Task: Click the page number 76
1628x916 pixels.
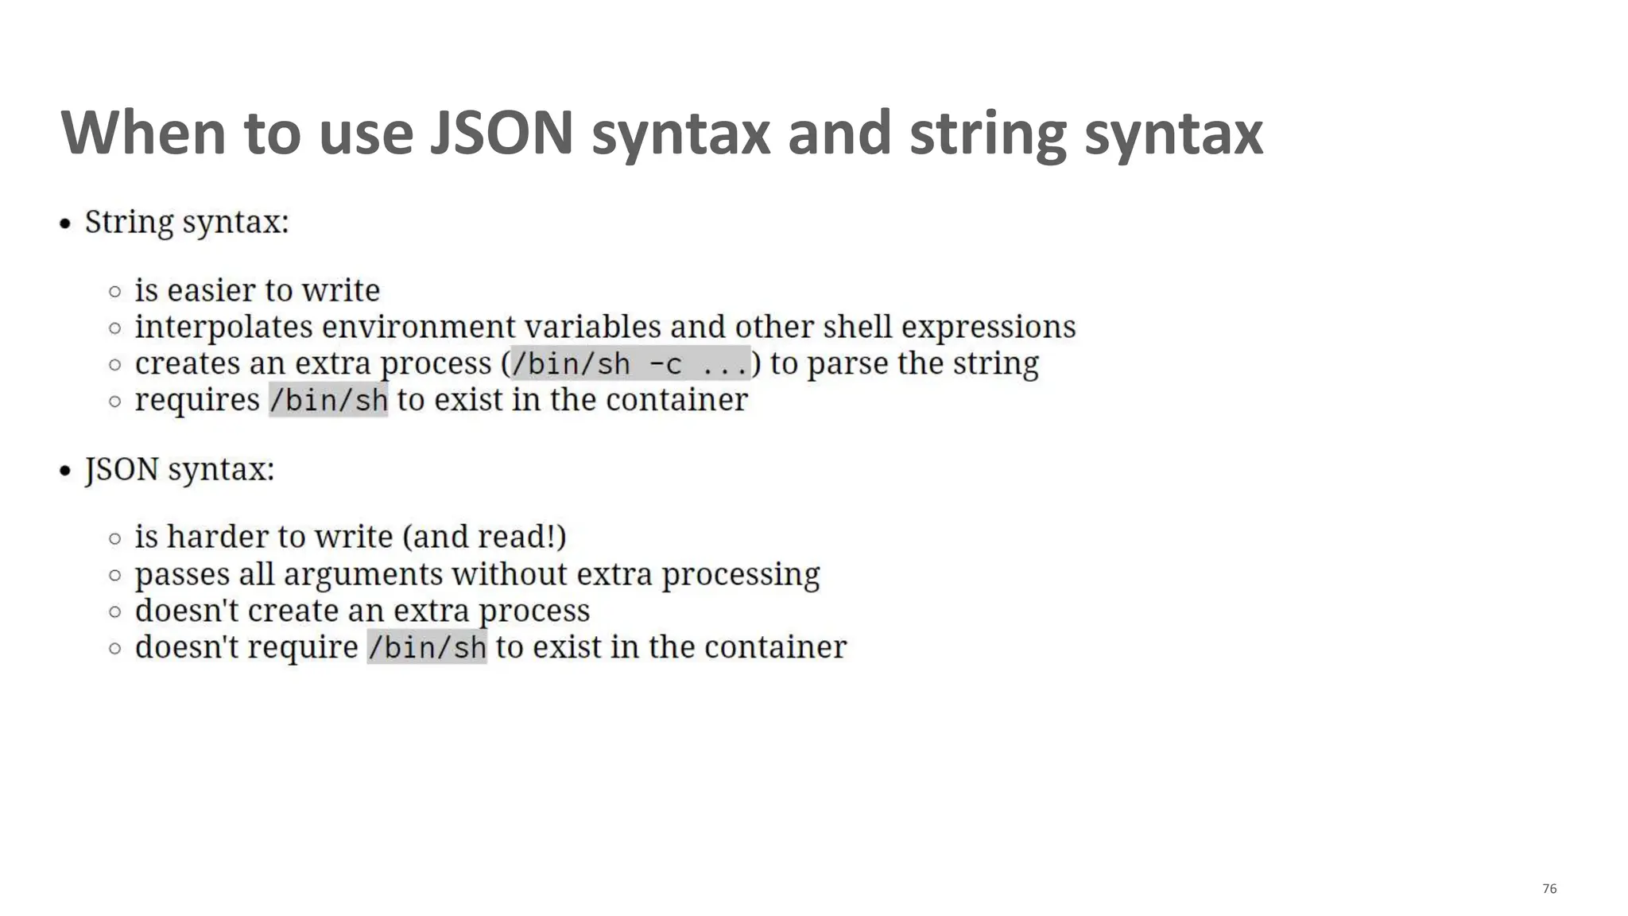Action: pos(1549,889)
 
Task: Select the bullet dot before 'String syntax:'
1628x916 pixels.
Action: pos(66,223)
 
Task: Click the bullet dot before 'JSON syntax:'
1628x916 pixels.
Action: pos(66,471)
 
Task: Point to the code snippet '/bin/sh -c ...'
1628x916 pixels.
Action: pos(630,364)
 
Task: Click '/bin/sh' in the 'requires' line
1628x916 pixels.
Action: pos(328,400)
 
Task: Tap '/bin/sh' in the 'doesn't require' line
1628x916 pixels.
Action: pos(427,647)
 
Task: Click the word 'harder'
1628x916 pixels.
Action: pos(217,537)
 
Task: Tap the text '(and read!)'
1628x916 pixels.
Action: pos(484,537)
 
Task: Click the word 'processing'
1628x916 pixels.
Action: pos(740,574)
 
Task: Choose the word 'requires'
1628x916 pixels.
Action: pos(197,400)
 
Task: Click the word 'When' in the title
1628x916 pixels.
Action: pos(144,133)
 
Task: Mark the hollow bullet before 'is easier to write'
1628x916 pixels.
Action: pos(115,291)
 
